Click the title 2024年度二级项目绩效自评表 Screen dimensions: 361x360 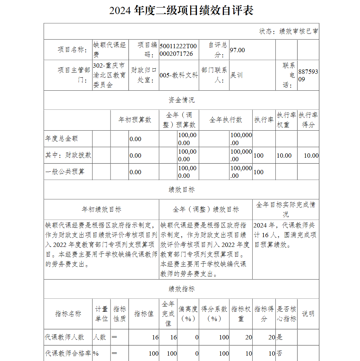point(181,10)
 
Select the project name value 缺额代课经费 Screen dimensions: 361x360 point(109,50)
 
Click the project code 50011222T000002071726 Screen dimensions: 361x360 point(178,50)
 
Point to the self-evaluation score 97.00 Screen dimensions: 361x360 point(237,50)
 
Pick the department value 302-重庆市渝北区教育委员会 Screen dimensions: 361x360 point(109,75)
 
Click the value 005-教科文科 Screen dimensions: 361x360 point(179,75)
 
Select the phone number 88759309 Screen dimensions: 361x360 point(308,75)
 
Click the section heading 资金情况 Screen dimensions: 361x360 point(181,100)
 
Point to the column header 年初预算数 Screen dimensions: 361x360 point(135,120)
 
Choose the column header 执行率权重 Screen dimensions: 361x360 point(286,120)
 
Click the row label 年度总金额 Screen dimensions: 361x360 point(62,139)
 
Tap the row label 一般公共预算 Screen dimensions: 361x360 point(65,172)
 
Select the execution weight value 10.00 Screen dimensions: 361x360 point(284,155)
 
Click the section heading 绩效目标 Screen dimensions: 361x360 point(181,190)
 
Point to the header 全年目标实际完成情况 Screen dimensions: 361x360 point(285,209)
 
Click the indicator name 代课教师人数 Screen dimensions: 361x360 point(64,337)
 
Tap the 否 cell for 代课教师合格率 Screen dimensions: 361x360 point(280,353)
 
